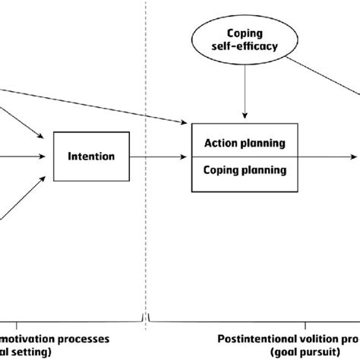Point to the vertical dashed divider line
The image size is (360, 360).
pyautogui.click(x=144, y=76)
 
